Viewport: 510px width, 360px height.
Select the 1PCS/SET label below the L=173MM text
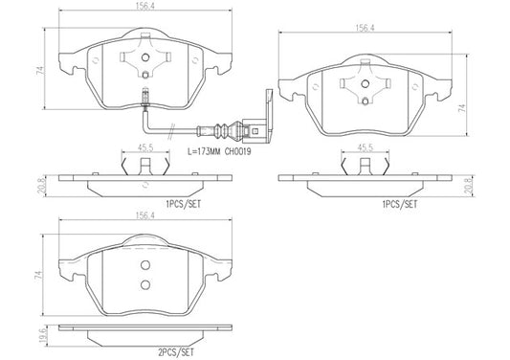coord(185,204)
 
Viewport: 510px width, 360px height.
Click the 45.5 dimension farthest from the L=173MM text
coord(365,147)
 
